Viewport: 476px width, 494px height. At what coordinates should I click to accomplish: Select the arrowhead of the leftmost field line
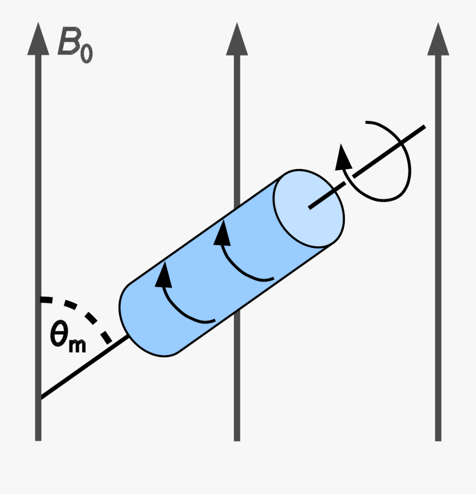(x=38, y=40)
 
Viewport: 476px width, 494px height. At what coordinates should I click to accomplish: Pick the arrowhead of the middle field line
(x=237, y=40)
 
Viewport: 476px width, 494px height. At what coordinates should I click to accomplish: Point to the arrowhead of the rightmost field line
(x=438, y=40)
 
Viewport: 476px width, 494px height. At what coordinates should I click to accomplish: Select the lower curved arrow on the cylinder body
(x=180, y=297)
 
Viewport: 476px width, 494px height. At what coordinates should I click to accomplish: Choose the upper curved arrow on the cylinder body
(x=238, y=254)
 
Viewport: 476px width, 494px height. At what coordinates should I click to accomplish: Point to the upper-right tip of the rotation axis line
(x=423, y=127)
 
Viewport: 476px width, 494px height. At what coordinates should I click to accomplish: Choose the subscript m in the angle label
(x=77, y=345)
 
